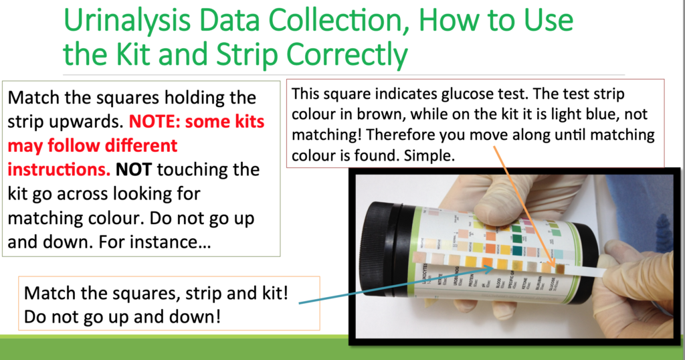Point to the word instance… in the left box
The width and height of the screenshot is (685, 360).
[172, 242]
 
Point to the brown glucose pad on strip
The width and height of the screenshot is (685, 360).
[560, 269]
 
